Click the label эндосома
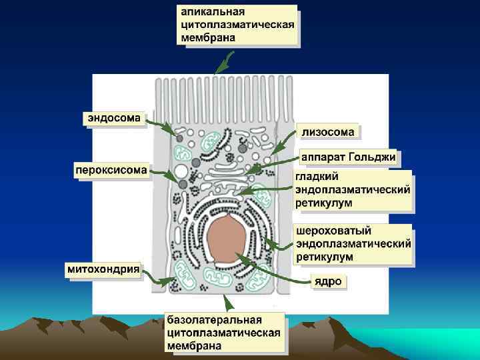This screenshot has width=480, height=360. [x=114, y=119]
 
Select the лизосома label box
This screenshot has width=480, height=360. [x=328, y=132]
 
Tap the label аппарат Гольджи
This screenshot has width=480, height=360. [x=348, y=157]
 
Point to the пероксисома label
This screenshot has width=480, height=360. [x=111, y=169]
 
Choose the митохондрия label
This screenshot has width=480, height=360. [x=103, y=269]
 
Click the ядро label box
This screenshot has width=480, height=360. [x=328, y=281]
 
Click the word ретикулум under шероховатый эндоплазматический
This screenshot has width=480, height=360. [x=325, y=255]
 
